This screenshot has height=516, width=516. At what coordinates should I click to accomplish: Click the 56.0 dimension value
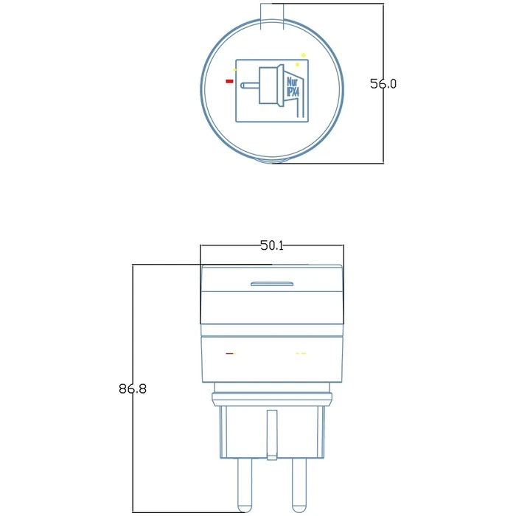[383, 84]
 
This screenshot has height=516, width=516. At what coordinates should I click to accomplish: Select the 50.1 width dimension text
[271, 245]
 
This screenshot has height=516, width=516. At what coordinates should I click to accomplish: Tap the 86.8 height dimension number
[133, 388]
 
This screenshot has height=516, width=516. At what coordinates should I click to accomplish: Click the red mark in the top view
[230, 81]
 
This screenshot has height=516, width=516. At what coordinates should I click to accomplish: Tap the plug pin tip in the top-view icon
[244, 85]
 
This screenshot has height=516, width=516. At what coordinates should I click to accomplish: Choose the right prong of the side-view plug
[298, 483]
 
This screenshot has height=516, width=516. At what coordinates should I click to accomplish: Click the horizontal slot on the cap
[271, 283]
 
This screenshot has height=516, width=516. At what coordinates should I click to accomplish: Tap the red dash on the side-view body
[230, 354]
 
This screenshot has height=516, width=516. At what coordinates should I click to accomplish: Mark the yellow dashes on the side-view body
[300, 354]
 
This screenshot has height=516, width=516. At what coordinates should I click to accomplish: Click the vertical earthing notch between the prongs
[271, 435]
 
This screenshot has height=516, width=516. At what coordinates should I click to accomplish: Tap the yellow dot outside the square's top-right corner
[303, 55]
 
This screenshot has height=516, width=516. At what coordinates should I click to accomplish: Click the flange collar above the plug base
[271, 399]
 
